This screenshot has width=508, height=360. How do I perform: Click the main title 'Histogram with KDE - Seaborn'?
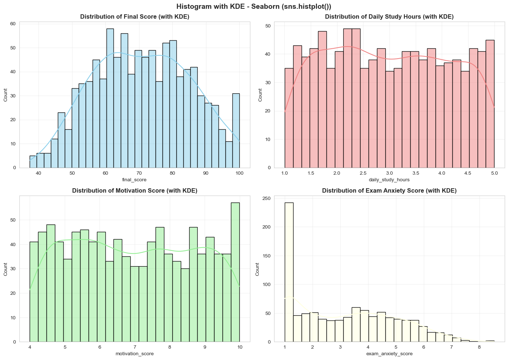(x=254, y=6)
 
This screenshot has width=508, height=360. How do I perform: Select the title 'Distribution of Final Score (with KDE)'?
(x=135, y=17)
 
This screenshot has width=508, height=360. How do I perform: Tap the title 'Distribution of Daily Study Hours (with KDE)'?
(x=389, y=17)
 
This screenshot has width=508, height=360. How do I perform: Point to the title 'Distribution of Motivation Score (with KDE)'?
(x=135, y=191)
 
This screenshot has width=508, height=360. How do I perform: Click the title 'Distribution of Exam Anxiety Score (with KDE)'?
(x=389, y=191)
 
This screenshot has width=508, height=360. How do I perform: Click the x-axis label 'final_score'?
(x=135, y=180)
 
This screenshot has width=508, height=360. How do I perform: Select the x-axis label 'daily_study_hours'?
(x=389, y=180)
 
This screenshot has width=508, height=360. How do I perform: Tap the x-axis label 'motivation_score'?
(x=135, y=354)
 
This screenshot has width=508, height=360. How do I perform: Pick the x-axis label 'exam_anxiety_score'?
(x=389, y=354)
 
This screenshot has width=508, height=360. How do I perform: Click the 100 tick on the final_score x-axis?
(x=239, y=173)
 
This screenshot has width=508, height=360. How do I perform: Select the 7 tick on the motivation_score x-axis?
(x=135, y=347)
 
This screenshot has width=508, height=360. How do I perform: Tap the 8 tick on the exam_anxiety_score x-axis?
(x=479, y=347)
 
